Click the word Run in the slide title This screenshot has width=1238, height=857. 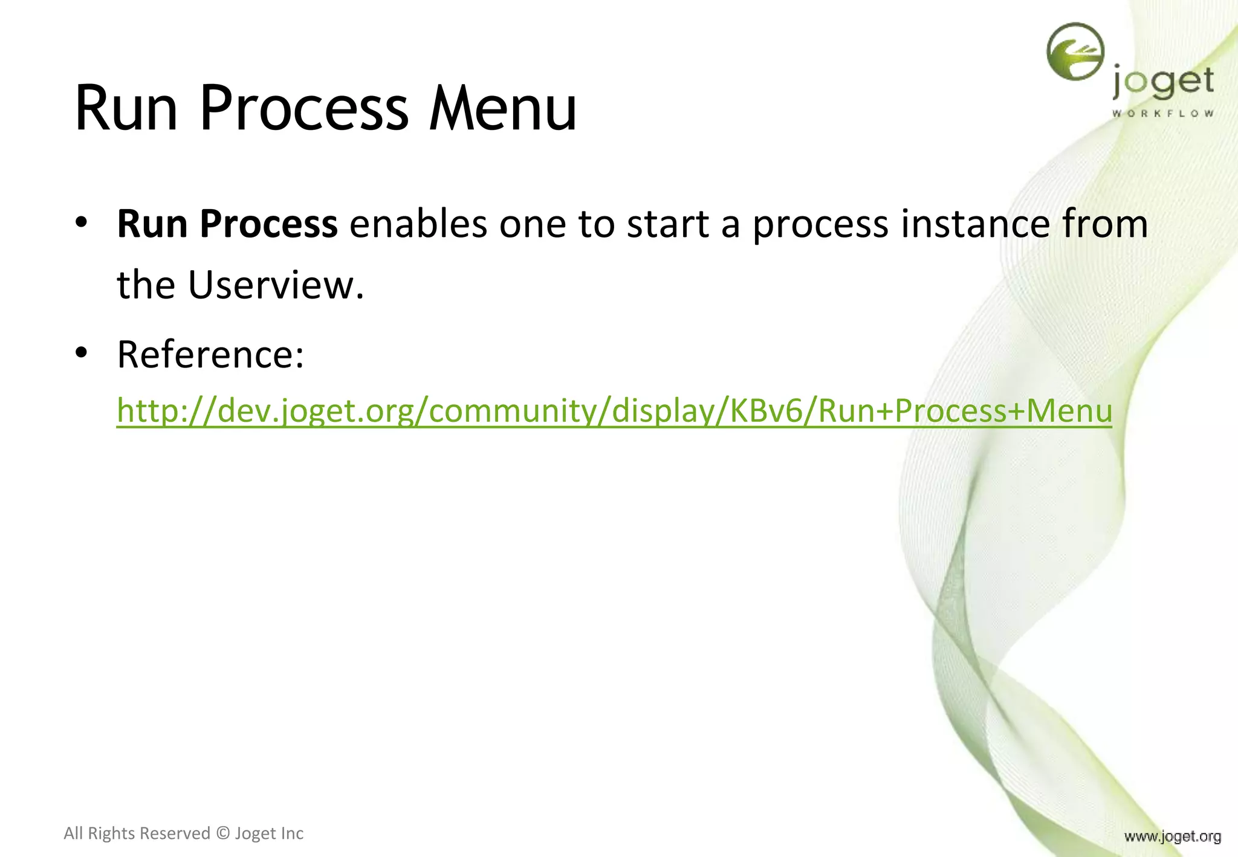click(126, 109)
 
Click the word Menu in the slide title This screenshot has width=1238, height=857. click(502, 109)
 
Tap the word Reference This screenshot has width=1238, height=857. click(210, 355)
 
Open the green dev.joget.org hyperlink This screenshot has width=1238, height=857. click(614, 411)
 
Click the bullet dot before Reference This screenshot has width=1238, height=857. click(82, 353)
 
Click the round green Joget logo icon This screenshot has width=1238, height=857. click(1075, 52)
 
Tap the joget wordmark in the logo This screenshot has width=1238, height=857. click(1162, 83)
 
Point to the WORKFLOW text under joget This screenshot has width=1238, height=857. click(1162, 114)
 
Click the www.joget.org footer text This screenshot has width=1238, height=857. click(1172, 836)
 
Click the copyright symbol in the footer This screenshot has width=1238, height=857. click(222, 833)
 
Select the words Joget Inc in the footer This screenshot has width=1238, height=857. click(269, 833)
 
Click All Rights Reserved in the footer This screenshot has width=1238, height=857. click(137, 833)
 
